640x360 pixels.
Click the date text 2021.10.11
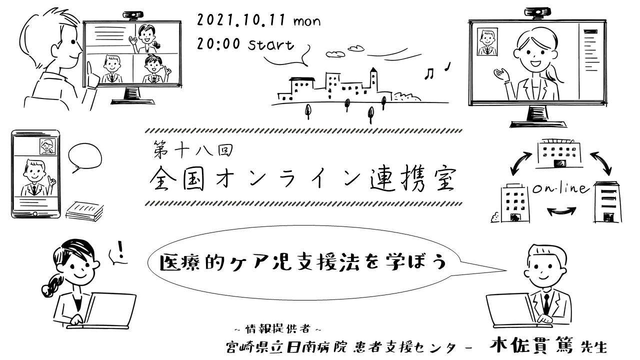[241, 21]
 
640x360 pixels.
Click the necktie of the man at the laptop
[547, 303]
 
